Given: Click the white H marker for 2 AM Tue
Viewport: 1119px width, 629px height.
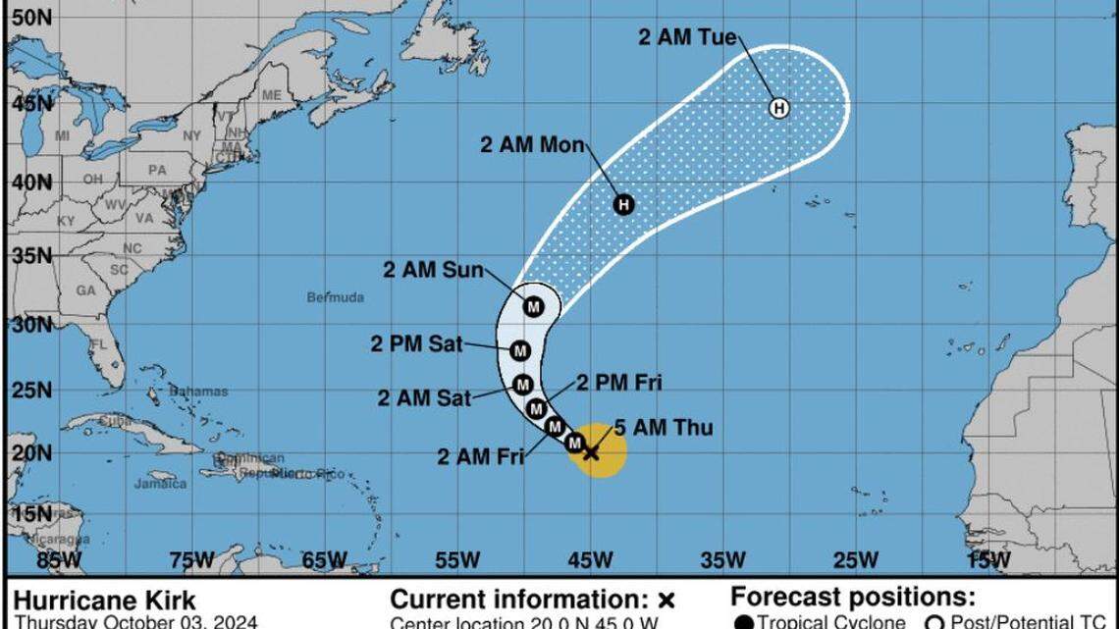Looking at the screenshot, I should tap(778, 108).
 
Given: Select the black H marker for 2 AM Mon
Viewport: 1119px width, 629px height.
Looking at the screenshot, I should tap(623, 204).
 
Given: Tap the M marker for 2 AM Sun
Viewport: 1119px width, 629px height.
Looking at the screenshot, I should tap(533, 307).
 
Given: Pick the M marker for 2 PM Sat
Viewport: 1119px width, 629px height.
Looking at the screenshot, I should tap(520, 350).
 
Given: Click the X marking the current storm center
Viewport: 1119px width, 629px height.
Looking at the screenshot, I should tap(591, 452).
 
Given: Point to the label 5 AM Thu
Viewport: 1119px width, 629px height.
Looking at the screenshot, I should tap(663, 428).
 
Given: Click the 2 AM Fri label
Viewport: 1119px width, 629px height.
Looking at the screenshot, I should tap(480, 455).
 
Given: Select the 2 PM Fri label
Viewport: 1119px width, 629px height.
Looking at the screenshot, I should tap(618, 383).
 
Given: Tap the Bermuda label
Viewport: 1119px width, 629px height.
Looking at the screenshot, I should tap(335, 297).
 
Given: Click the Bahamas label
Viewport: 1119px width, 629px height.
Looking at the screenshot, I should tap(197, 391).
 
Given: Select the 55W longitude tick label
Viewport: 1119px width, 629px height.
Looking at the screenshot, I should tap(456, 560).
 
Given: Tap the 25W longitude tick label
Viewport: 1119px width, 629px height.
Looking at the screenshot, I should tap(855, 560).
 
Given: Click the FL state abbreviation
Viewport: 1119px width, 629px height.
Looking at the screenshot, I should tap(97, 344).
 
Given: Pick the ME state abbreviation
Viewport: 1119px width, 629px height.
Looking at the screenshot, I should tap(271, 95).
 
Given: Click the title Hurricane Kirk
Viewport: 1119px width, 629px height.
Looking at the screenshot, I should tap(105, 601).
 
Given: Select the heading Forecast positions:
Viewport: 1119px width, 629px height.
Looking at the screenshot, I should tap(852, 598).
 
